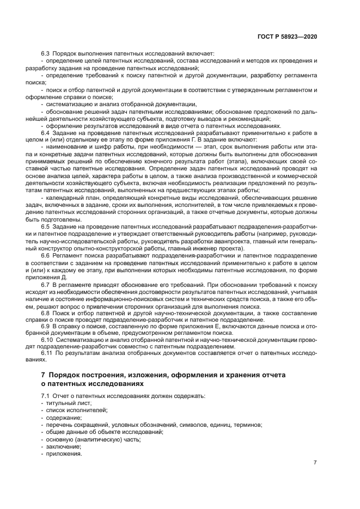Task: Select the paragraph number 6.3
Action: (x=45, y=53)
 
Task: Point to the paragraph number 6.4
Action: (x=45, y=132)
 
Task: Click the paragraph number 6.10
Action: (x=47, y=340)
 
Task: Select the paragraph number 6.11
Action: (x=47, y=353)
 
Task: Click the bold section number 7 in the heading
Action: (x=44, y=376)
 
